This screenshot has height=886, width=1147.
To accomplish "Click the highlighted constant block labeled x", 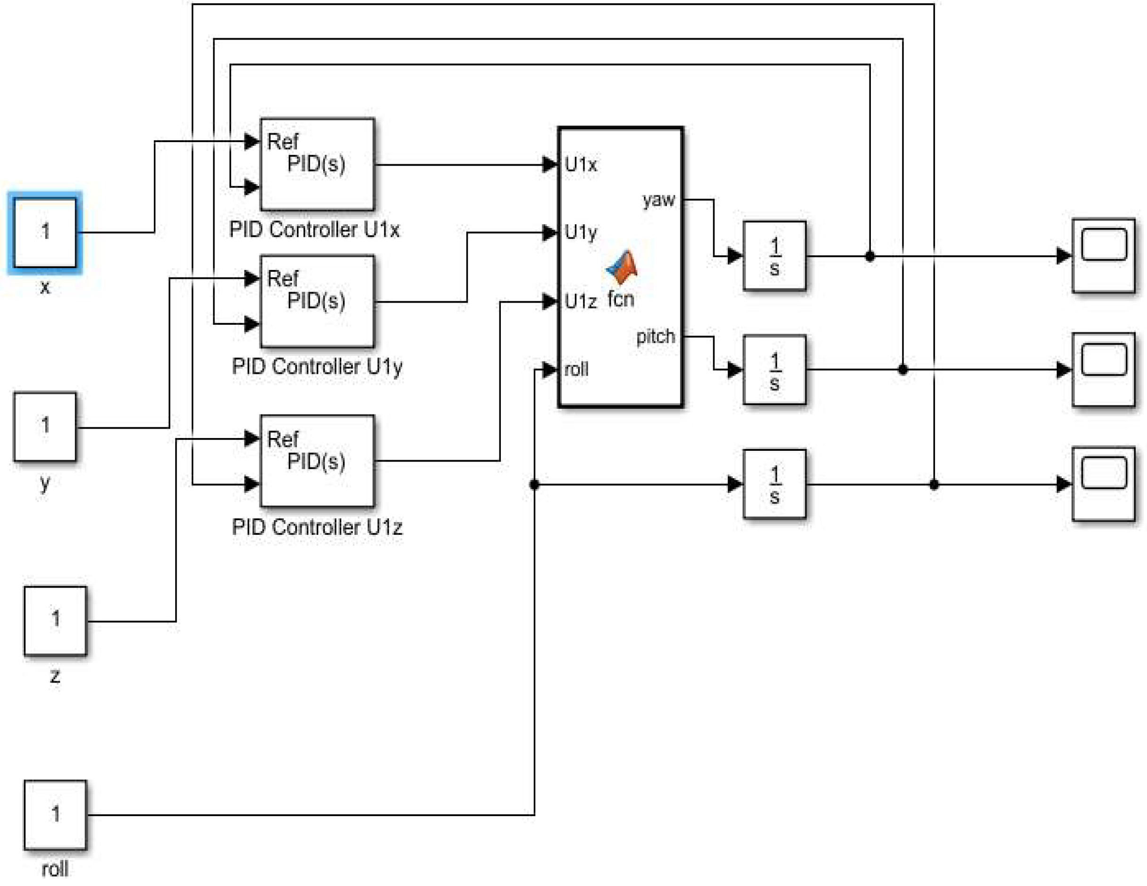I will click(45, 232).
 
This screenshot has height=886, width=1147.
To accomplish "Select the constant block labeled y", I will click(45, 426).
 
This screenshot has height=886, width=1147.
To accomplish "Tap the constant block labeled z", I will click(55, 620).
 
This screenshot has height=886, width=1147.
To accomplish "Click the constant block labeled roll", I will click(55, 815).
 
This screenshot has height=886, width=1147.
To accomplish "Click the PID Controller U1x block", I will click(317, 164).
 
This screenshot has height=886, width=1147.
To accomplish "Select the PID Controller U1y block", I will click(317, 301).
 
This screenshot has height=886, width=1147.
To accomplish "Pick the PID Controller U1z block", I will click(317, 461).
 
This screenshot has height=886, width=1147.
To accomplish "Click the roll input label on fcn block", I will click(576, 370).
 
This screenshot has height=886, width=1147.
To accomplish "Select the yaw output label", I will click(658, 200).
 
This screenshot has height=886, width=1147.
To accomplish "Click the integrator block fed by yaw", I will click(774, 256).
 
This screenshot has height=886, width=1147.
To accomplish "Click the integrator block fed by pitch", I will click(774, 370).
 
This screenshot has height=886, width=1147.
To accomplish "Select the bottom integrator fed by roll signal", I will click(774, 484).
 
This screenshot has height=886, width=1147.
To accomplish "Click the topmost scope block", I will click(1103, 255).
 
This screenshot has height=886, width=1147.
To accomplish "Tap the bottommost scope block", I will click(1103, 484).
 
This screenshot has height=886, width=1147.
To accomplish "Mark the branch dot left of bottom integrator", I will click(534, 484).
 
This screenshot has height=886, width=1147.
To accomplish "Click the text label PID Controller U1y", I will click(317, 367).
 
